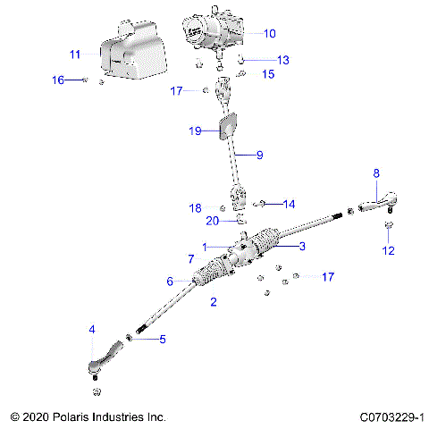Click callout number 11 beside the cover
point(75,54)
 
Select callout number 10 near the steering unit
point(270,33)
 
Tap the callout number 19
point(196,130)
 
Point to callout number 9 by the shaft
point(260,155)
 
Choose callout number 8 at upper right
point(376,172)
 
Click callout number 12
point(388,250)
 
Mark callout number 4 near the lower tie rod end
point(91,330)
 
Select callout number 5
point(163,340)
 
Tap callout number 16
point(57,80)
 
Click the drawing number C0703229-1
point(391,417)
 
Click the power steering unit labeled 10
point(213,36)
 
